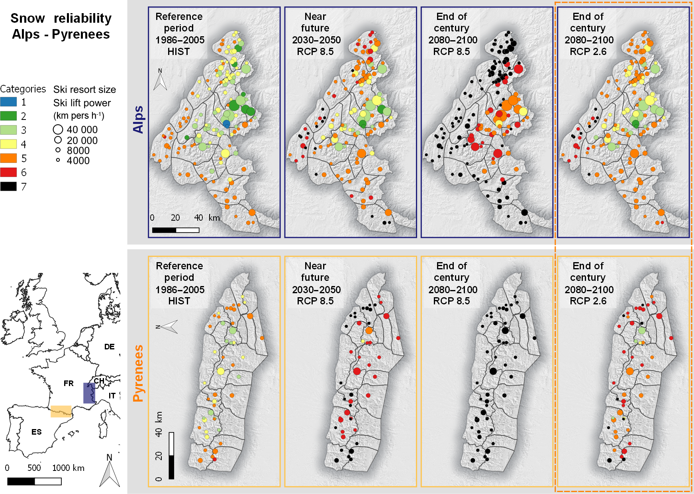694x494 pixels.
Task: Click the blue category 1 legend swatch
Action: click(x=8, y=102)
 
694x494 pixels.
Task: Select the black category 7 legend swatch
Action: click(x=8, y=186)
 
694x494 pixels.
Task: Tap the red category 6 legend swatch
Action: click(x=8, y=172)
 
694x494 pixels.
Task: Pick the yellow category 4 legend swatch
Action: click(x=8, y=144)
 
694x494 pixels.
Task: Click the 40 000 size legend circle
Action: click(x=58, y=129)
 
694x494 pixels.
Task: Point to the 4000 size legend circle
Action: click(x=58, y=160)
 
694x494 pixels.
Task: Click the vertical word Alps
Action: click(x=138, y=120)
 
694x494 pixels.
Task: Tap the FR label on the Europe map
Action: click(x=69, y=383)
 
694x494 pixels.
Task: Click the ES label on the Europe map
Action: click(x=36, y=432)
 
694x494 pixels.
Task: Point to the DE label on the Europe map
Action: click(x=109, y=347)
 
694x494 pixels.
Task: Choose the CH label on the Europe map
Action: click(x=99, y=381)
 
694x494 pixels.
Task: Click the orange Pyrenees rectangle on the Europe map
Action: click(x=61, y=411)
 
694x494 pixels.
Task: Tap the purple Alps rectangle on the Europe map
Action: click(x=89, y=393)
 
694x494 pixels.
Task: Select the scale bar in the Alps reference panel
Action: click(x=176, y=230)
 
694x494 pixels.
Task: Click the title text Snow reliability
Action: click(x=61, y=18)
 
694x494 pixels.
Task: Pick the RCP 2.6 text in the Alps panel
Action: click(x=588, y=51)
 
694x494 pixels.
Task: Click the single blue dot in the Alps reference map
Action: click(x=226, y=124)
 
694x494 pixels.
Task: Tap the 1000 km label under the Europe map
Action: click(x=68, y=468)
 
